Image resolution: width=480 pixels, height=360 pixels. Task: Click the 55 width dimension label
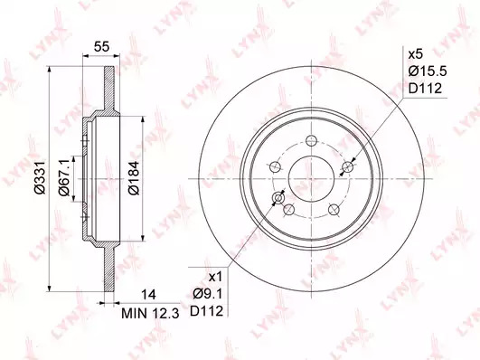[x=101, y=47]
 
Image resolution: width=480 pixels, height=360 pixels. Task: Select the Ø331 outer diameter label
[x=40, y=177]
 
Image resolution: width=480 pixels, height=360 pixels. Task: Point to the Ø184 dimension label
[x=134, y=177]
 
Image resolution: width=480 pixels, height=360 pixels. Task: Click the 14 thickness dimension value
[x=148, y=295]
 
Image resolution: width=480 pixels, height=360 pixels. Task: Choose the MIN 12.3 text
[x=150, y=313]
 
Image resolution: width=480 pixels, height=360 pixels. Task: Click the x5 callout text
[x=416, y=54]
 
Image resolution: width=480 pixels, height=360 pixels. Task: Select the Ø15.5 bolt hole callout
[x=428, y=71]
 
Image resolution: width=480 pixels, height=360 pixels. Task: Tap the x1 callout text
[x=214, y=278]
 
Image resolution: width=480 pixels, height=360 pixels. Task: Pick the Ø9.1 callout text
[x=207, y=295]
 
